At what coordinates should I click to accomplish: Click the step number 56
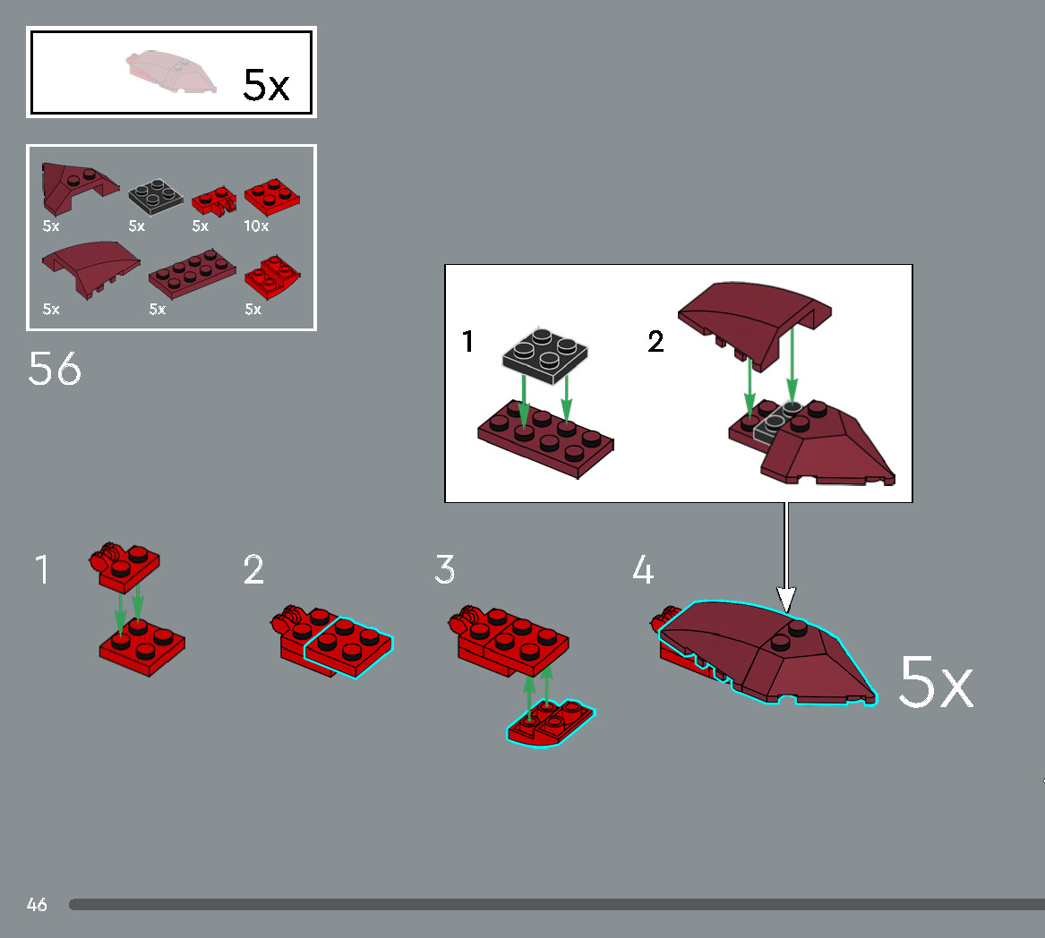pos(55,369)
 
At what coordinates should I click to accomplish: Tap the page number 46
pos(37,905)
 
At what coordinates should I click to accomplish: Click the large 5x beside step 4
pos(935,683)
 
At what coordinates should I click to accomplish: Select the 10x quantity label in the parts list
pos(256,226)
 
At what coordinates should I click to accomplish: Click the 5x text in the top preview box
pos(266,85)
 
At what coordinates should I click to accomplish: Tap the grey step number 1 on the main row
pos(42,570)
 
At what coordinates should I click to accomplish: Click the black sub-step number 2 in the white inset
pos(655,342)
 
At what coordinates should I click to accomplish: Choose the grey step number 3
pos(445,570)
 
